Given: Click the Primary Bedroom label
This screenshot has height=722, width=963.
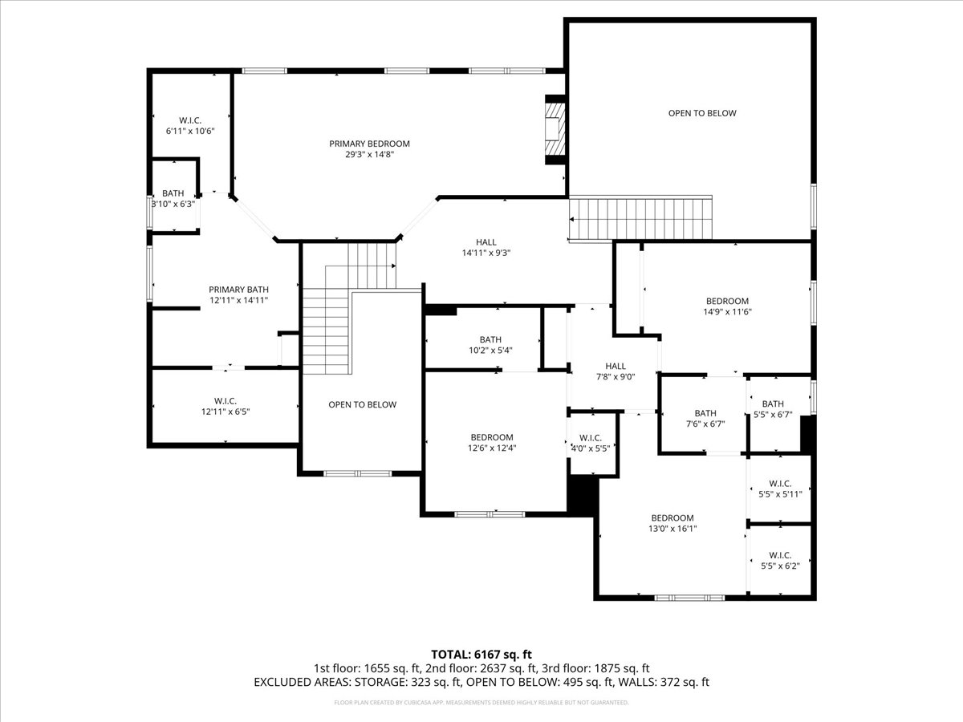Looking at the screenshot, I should click(x=369, y=144).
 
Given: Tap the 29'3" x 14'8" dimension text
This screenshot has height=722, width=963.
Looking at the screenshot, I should click(x=369, y=155).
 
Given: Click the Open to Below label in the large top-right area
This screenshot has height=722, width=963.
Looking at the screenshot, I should click(x=702, y=113).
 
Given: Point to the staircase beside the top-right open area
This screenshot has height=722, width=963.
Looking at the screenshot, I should click(x=640, y=218).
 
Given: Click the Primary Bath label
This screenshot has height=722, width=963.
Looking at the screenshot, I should click(x=238, y=290).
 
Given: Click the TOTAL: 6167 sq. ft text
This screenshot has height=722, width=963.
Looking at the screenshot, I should click(x=481, y=655).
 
